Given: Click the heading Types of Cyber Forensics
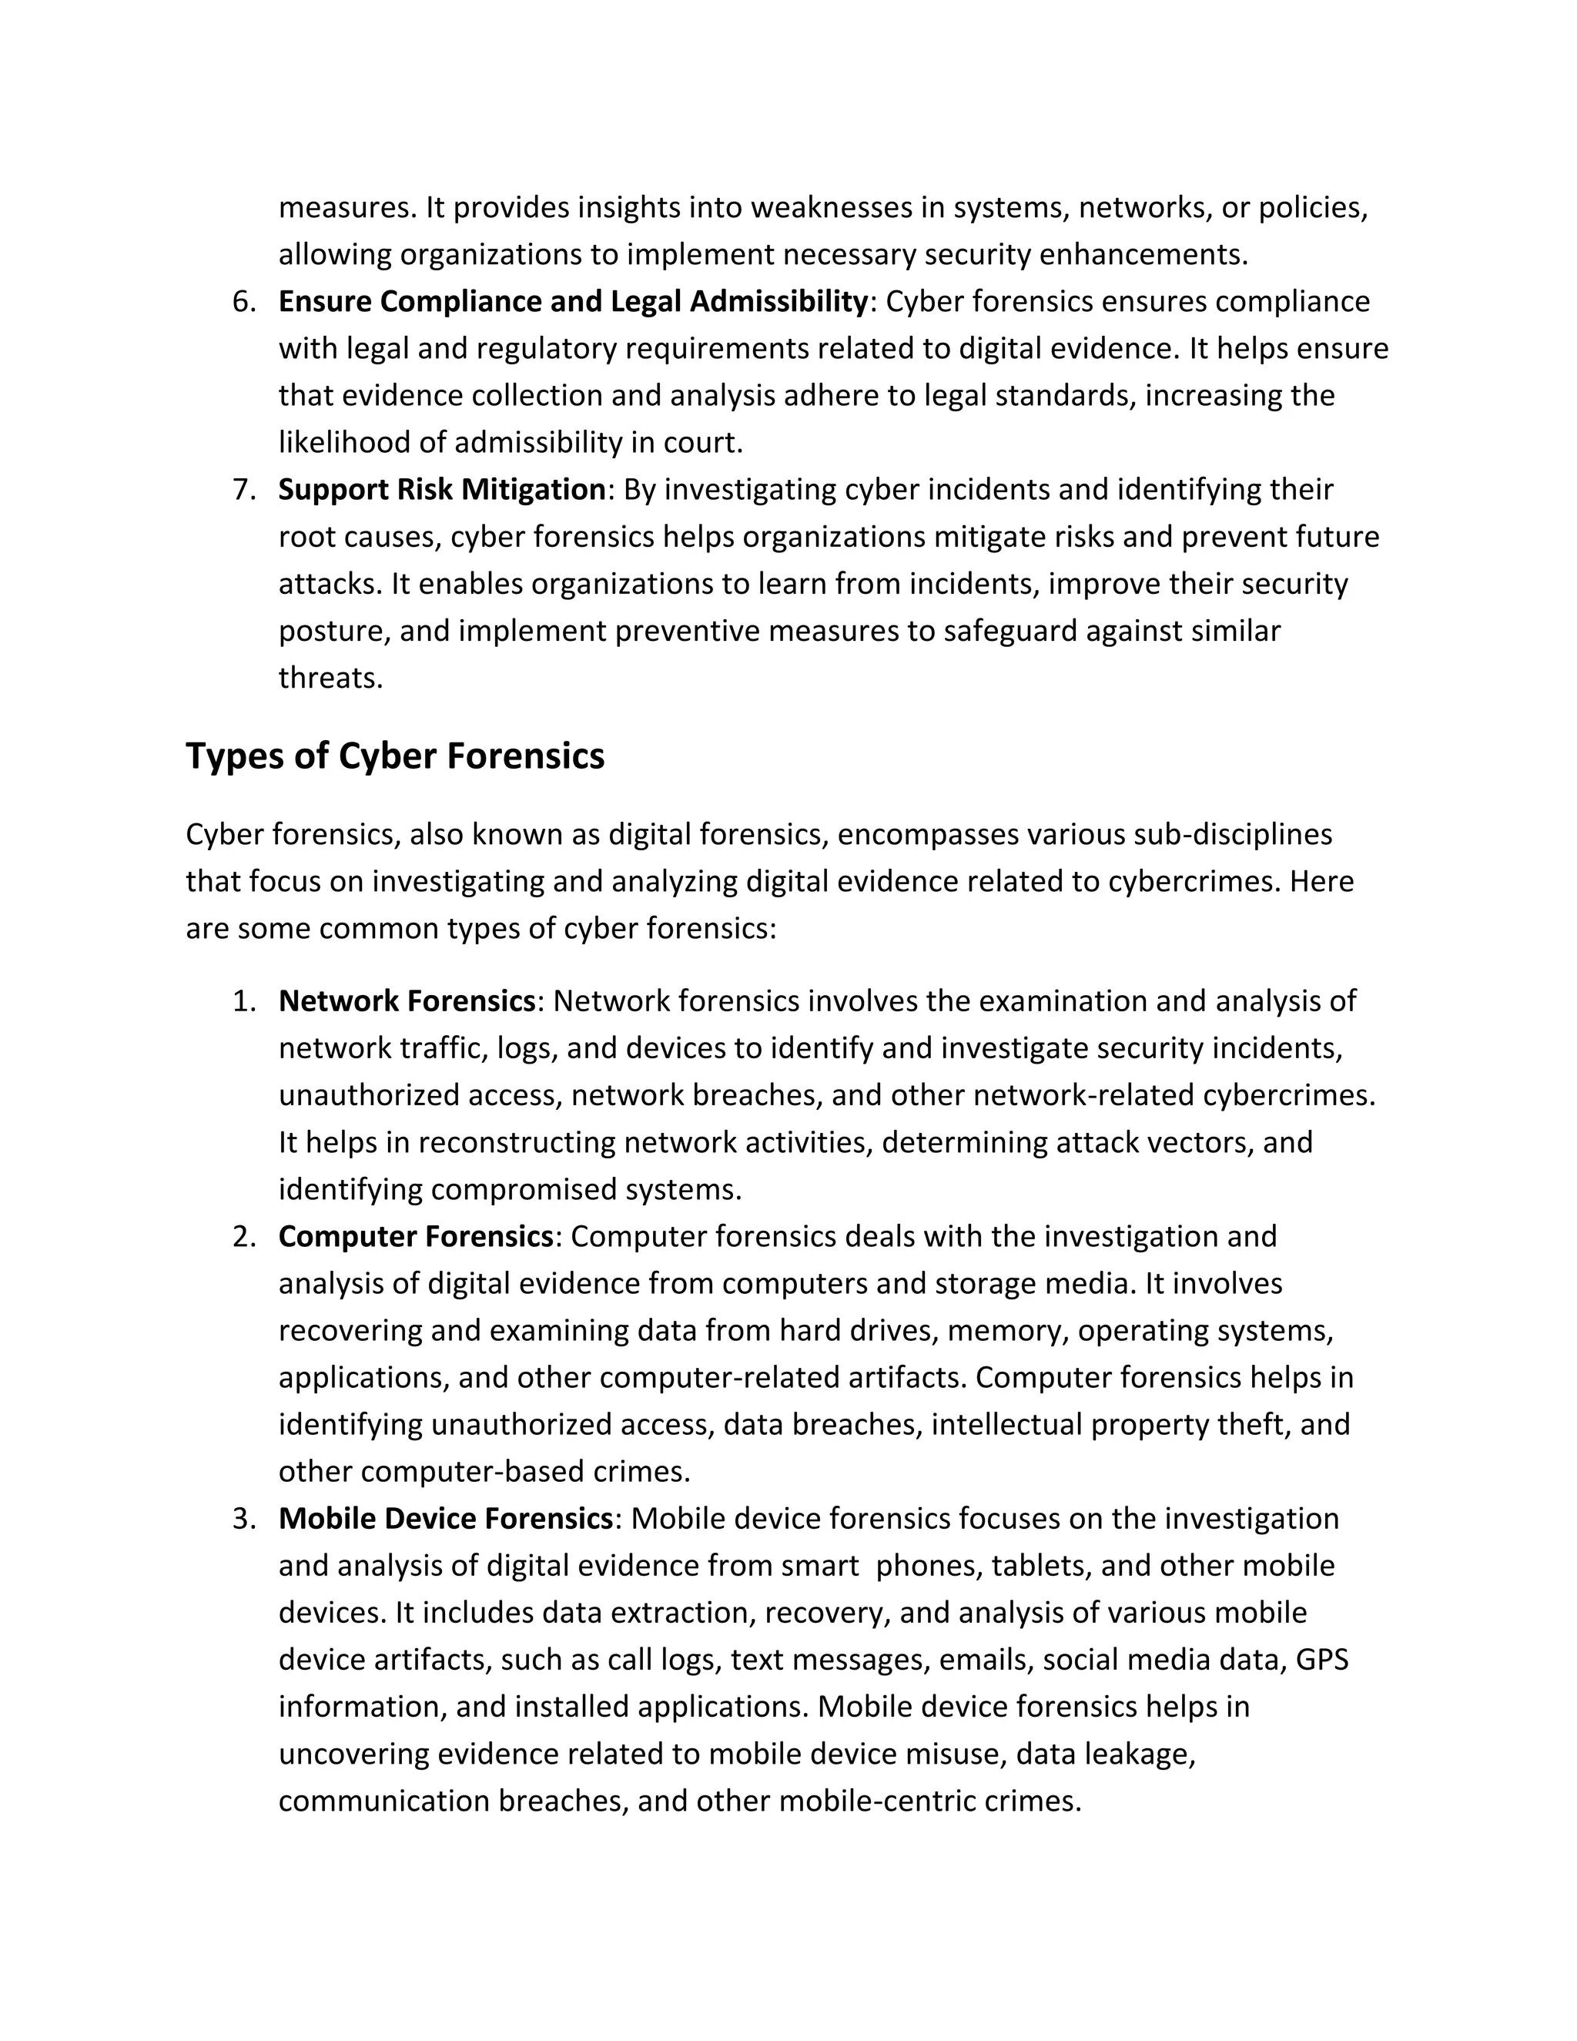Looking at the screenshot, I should tap(395, 756).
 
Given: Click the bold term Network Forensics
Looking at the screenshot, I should tap(407, 1001).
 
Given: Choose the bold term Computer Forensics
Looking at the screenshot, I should tap(416, 1236).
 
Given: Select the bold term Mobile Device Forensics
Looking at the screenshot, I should tap(445, 1519).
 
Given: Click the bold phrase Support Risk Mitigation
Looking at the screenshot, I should tap(442, 490).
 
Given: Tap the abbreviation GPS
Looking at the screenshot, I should tap(1322, 1660).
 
